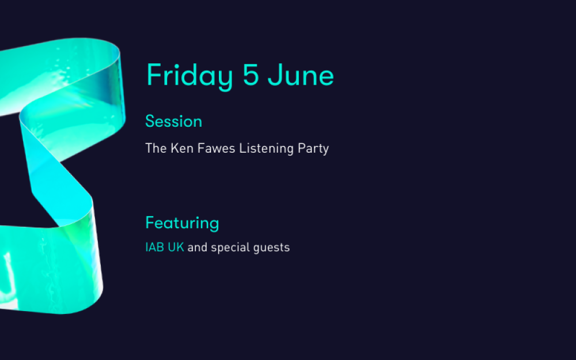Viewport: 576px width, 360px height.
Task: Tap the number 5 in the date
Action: point(251,75)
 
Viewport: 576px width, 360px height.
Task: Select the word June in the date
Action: point(301,75)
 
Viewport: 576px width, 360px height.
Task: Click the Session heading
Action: point(174,121)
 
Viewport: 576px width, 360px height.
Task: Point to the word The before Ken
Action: point(157,149)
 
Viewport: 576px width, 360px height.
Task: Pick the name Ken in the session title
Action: point(182,149)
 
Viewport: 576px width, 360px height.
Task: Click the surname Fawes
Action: point(217,149)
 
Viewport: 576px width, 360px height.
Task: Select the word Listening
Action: point(266,149)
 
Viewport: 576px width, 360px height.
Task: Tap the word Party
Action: point(313,149)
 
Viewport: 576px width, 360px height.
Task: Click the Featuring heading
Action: point(182,223)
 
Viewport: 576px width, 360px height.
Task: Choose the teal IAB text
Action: point(154,247)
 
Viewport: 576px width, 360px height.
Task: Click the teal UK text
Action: point(176,247)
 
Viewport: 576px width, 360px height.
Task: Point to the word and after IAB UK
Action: point(197,247)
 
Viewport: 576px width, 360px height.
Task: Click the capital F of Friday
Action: point(154,75)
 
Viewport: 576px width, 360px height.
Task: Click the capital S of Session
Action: point(150,121)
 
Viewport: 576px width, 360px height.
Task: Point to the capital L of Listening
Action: point(243,149)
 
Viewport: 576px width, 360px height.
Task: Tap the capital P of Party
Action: point(302,149)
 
